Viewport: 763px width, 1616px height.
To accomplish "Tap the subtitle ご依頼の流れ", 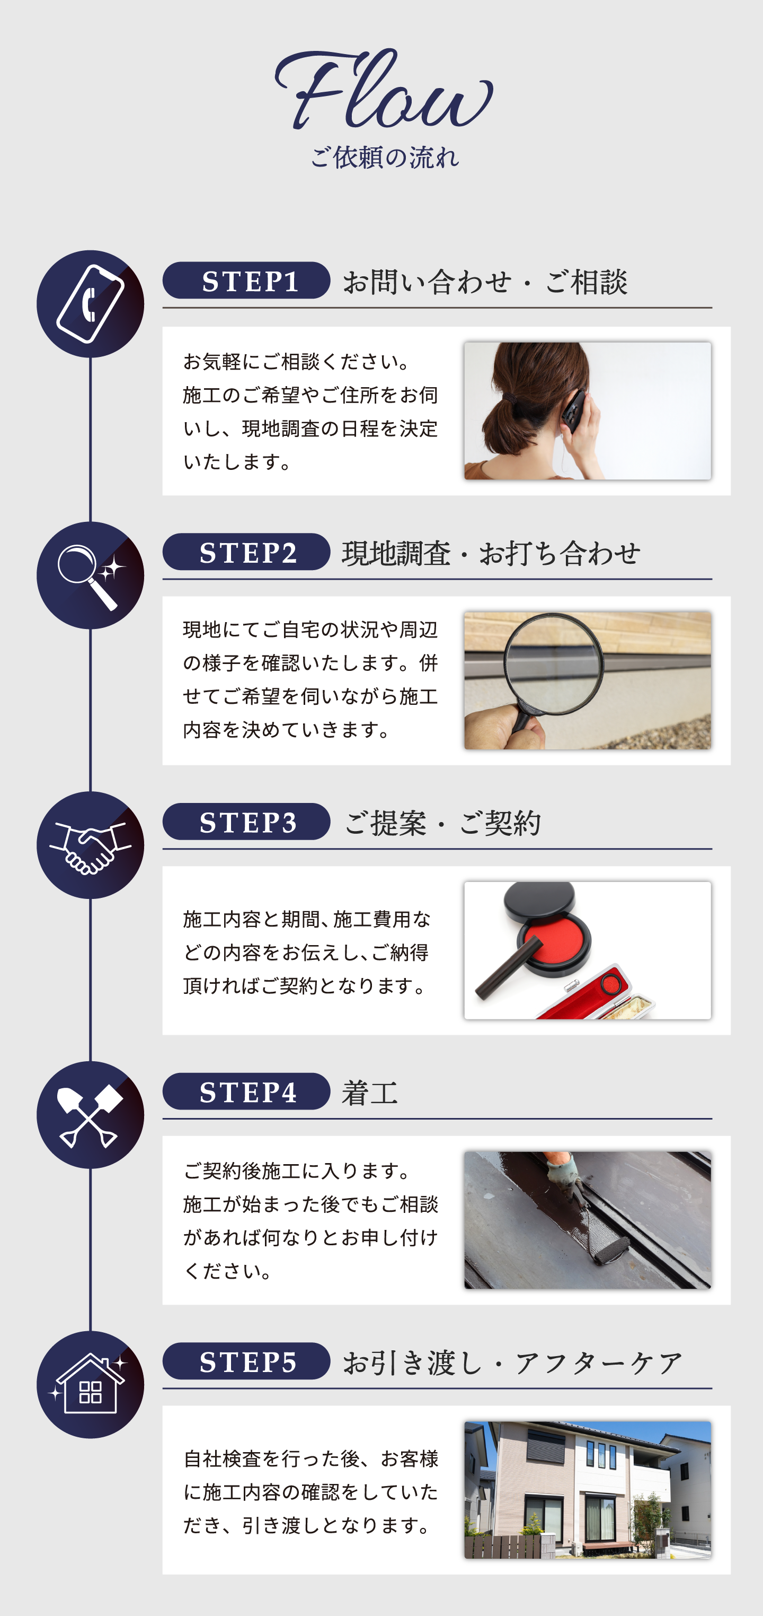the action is pos(384,158).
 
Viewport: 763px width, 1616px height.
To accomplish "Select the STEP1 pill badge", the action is pos(246,281).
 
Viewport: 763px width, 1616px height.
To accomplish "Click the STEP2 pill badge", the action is pos(246,552).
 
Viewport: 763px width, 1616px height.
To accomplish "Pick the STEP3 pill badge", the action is pos(246,822).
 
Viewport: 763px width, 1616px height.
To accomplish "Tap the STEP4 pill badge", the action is pos(246,1091).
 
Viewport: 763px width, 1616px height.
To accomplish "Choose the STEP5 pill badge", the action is pos(246,1361).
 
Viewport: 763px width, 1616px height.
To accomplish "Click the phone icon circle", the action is pos(90,304).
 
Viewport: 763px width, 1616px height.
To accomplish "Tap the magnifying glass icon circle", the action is pos(90,575).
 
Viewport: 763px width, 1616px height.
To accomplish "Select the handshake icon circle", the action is pos(90,845).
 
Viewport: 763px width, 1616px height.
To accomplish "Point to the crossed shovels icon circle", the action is pos(90,1115).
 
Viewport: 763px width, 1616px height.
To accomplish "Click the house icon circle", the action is pos(90,1385).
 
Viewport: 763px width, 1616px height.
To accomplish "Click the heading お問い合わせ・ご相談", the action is pos(485,282).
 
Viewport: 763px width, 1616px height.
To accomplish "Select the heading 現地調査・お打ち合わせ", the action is pos(491,553).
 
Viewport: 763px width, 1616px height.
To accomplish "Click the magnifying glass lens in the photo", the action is pos(554,663).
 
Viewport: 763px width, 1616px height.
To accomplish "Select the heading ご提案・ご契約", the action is pos(442,823).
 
